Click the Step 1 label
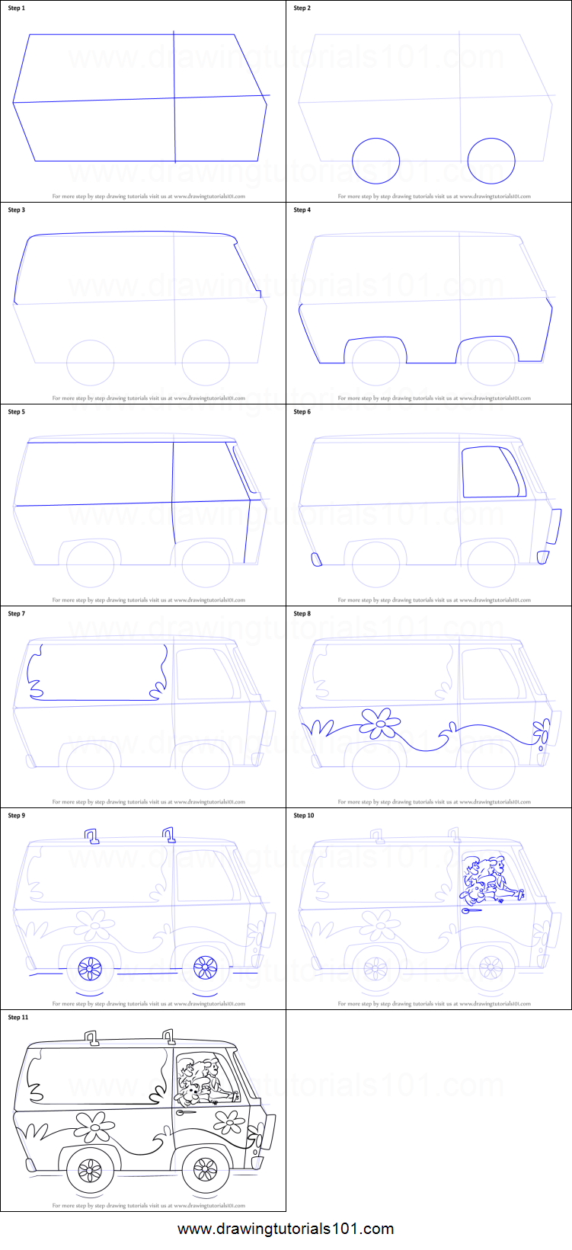[16, 8]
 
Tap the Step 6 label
[302, 412]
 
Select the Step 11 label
[18, 1018]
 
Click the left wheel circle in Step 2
[376, 161]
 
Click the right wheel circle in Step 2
[491, 161]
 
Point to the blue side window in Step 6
[494, 472]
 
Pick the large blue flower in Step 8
[380, 723]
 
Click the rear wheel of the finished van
[91, 1169]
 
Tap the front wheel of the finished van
[205, 1169]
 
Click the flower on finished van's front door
[228, 1121]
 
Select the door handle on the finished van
[185, 1112]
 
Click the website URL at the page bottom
[286, 1229]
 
